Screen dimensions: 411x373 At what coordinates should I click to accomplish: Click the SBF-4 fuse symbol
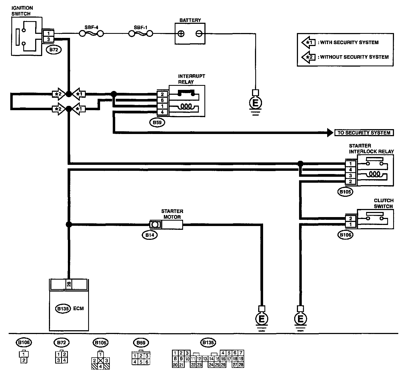click(x=91, y=34)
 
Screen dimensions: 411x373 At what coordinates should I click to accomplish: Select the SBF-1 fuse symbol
click(x=141, y=34)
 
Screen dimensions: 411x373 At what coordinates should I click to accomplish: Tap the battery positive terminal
click(x=181, y=34)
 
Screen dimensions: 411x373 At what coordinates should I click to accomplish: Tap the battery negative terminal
click(x=199, y=34)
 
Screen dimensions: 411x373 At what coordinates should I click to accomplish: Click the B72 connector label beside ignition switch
click(x=54, y=50)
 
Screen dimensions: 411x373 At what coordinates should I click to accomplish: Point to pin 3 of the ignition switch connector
click(x=49, y=39)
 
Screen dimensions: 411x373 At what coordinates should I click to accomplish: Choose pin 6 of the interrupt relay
click(x=162, y=100)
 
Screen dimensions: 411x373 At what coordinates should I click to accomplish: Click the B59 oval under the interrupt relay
click(x=157, y=123)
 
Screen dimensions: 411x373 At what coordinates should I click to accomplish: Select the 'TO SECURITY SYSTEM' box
click(x=364, y=133)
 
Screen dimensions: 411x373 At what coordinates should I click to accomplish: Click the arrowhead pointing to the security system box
click(x=330, y=133)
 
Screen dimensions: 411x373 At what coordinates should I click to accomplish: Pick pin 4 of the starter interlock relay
click(x=350, y=170)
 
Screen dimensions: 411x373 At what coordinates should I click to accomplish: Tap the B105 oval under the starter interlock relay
click(x=345, y=192)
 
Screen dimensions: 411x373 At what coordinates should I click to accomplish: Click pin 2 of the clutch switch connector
click(x=350, y=218)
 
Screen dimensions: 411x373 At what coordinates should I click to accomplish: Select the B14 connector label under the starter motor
click(x=150, y=235)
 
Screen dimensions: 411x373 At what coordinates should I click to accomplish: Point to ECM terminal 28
click(x=69, y=284)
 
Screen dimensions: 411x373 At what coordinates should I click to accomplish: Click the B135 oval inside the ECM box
click(x=63, y=309)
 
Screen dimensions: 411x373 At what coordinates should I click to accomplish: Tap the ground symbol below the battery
click(x=255, y=103)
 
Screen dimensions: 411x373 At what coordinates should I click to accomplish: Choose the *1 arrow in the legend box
click(x=309, y=42)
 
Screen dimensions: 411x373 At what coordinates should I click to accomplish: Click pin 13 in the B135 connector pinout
click(x=205, y=359)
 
